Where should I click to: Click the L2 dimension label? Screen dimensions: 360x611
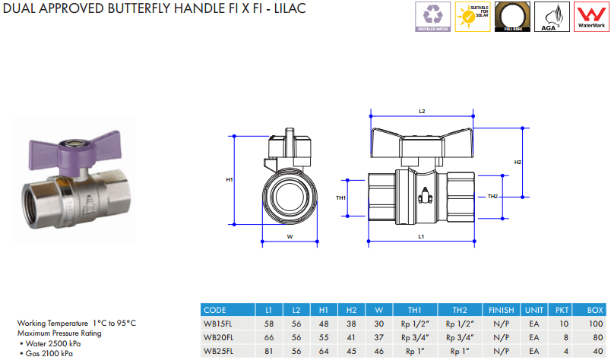tap(422, 111)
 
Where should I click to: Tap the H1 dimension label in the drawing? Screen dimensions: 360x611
tap(230, 179)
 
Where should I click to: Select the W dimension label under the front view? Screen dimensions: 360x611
tap(290, 236)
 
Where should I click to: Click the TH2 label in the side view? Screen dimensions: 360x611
tap(492, 197)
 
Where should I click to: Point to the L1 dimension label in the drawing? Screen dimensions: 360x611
tap(421, 236)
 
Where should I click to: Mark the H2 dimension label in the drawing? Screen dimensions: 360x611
tap(518, 162)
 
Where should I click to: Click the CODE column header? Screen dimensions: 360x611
tap(216, 310)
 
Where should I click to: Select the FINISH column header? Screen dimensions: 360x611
tap(501, 310)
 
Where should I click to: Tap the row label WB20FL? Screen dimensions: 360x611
tap(218, 337)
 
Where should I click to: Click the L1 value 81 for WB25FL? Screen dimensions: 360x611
tap(268, 351)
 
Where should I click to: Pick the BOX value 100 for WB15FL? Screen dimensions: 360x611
tap(595, 324)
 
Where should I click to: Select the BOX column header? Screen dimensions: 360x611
tap(595, 310)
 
